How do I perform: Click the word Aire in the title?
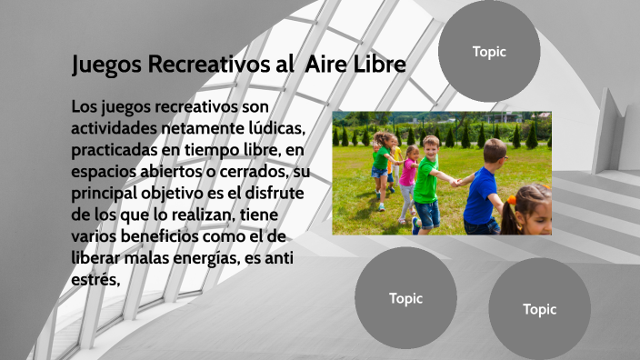323,65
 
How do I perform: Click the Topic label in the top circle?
489,52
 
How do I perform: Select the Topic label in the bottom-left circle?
405,298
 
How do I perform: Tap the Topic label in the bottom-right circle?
539,309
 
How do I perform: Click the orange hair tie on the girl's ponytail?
511,199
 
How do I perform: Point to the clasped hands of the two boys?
454,181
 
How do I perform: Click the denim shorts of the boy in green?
427,214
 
